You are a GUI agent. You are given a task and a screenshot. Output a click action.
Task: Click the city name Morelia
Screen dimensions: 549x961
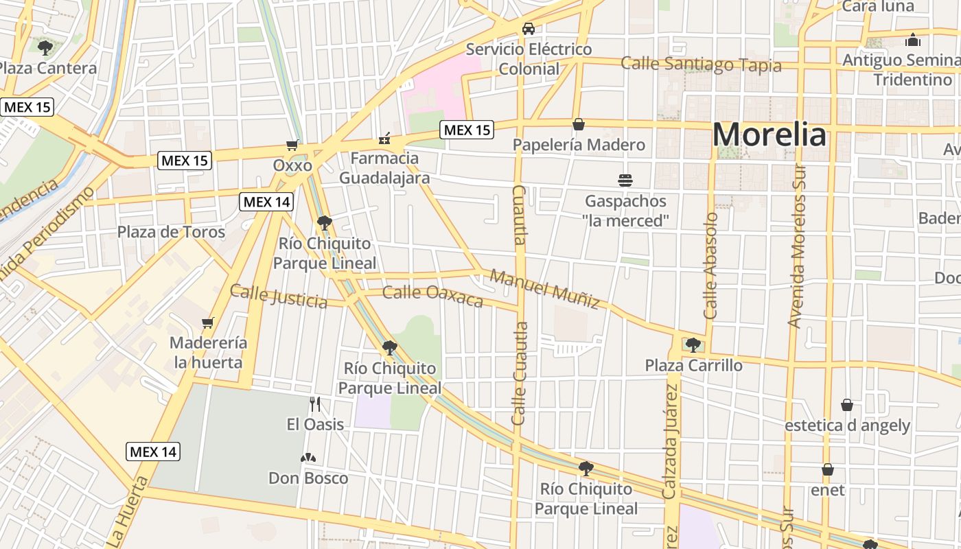(769, 135)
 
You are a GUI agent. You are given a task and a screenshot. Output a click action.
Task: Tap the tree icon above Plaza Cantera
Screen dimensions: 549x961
(45, 48)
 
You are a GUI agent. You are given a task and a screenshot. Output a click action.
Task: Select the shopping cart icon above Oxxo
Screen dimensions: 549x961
(293, 145)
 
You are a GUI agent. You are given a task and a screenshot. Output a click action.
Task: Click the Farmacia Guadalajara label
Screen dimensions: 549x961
(384, 168)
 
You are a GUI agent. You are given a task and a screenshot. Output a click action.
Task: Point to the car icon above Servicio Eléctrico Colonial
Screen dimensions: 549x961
(529, 29)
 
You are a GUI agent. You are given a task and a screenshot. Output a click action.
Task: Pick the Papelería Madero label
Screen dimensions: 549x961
(579, 145)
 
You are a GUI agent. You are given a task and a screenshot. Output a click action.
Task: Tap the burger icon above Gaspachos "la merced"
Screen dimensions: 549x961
(625, 180)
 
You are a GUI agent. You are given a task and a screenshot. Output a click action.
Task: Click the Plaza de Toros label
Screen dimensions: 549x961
(171, 232)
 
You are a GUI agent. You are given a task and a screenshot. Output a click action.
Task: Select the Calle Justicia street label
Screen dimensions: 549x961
(279, 296)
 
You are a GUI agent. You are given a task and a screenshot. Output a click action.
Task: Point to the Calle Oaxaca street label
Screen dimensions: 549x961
(432, 296)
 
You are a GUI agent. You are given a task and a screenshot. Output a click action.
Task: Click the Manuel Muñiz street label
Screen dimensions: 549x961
(545, 289)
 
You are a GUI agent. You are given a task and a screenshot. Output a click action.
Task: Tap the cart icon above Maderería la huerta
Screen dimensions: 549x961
(208, 323)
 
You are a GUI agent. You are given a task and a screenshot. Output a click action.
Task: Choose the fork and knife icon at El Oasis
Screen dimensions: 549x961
(315, 404)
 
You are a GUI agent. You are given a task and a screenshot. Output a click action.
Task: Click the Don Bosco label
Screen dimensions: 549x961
(308, 478)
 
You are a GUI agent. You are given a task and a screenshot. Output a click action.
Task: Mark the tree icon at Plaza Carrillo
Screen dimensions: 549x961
(693, 344)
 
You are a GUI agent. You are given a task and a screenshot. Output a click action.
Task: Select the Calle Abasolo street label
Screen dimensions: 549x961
(710, 266)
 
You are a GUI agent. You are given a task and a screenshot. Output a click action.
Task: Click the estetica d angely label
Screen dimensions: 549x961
(847, 425)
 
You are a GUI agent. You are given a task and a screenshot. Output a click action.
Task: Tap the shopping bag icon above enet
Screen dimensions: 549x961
(828, 469)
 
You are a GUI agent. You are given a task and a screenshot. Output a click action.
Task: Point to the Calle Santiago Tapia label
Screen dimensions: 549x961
(701, 65)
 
